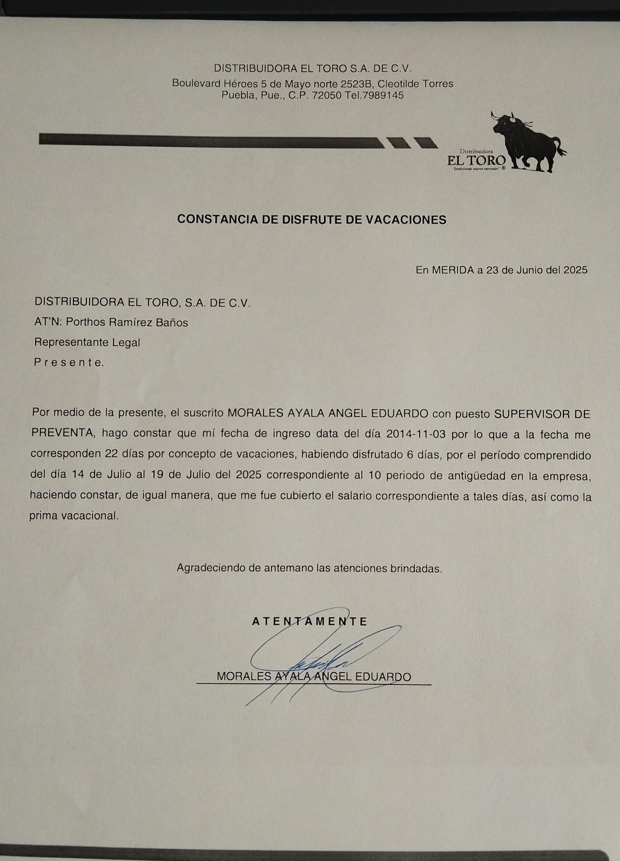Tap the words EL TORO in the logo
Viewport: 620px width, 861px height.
pos(476,160)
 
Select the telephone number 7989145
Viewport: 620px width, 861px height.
pos(384,96)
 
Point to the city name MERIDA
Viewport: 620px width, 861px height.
pos(453,270)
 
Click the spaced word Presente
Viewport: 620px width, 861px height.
pos(69,362)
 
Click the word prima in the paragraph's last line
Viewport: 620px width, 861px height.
pos(43,516)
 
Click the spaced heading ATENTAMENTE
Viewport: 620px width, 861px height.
pos(309,621)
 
